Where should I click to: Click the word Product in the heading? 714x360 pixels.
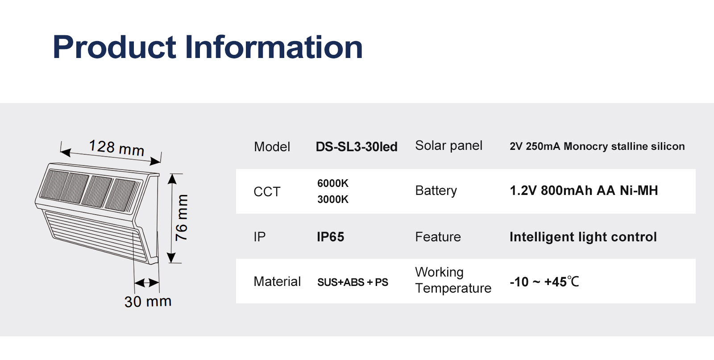114,47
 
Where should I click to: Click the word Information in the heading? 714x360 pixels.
274,47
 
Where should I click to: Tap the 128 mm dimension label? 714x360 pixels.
116,148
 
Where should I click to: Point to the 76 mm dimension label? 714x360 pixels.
182,218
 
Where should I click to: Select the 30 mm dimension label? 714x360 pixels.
148,302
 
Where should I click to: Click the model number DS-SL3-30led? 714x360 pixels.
357,147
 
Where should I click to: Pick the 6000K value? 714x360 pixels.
333,183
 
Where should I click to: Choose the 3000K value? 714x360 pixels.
333,199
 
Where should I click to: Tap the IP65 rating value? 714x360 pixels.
331,237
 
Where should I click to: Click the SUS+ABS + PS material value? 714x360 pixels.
353,282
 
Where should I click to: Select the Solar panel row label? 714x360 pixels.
448,145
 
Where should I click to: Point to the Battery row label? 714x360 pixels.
436,191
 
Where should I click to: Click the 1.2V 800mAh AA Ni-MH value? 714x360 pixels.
584,190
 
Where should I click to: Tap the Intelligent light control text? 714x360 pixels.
583,237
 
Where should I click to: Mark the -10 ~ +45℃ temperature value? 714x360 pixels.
544,282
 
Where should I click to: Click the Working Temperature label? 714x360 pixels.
453,280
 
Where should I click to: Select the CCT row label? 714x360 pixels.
267,192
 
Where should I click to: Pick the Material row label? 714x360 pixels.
277,281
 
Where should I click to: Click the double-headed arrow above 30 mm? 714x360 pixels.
147,282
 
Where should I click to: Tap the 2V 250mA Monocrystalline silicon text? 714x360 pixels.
597,146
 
